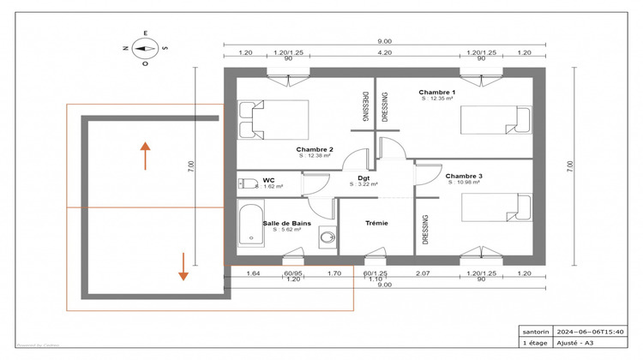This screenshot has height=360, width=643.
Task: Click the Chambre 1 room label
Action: click(436, 92)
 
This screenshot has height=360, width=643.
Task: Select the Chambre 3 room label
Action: click(464, 175)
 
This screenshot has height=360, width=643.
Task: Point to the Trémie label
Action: click(376, 223)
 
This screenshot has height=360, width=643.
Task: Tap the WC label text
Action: click(268, 180)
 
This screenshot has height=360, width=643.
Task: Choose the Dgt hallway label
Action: click(364, 178)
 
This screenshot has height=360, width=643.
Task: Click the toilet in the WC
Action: click(249, 183)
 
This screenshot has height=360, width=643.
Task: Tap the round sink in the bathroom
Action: click(326, 237)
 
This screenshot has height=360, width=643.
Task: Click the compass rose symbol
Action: click(145, 49)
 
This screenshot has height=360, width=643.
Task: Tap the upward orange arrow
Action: click(146, 155)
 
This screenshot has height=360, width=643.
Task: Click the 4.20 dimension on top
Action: click(385, 52)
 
